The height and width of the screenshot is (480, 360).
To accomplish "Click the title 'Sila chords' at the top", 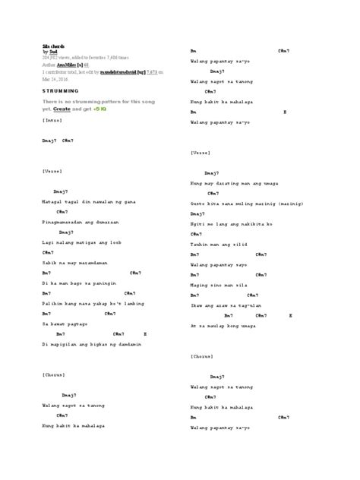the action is (52, 46).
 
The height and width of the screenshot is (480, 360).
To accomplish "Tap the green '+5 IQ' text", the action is (100, 109).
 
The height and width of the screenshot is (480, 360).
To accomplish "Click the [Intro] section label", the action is (52, 120).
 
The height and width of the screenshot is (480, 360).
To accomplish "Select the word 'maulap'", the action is (224, 324).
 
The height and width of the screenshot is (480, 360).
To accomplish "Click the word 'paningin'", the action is (103, 282).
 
